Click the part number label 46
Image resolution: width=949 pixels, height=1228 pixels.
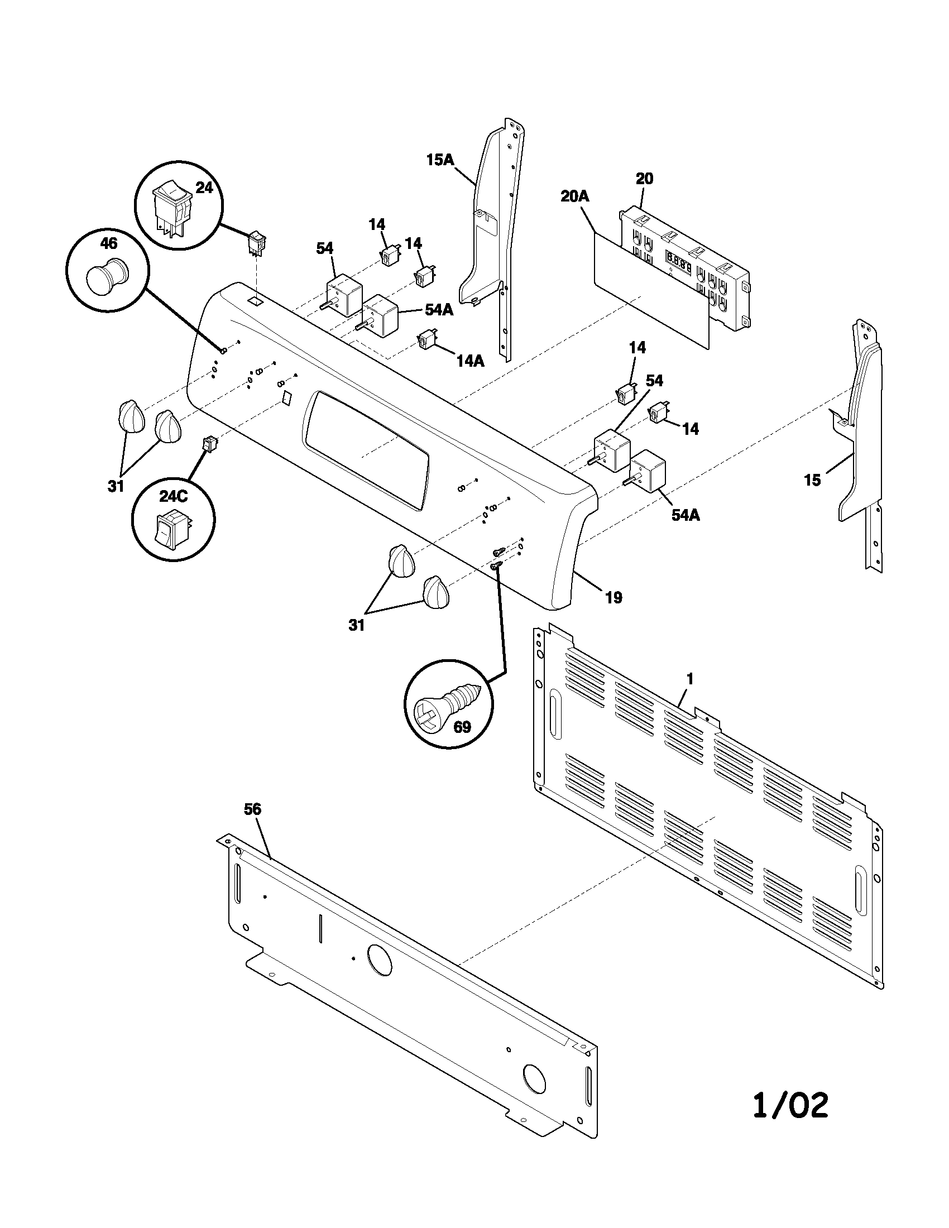[108, 243]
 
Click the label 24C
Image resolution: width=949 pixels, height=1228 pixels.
[172, 496]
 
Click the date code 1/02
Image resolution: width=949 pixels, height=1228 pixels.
[790, 1106]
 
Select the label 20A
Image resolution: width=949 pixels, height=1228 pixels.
[574, 196]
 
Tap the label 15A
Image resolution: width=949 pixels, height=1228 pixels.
[440, 160]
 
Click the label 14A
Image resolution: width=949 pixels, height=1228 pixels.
[469, 361]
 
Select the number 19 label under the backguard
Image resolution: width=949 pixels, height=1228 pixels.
[614, 598]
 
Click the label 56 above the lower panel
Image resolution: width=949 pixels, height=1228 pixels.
[252, 809]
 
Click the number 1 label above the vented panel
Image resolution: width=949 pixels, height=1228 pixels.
[690, 679]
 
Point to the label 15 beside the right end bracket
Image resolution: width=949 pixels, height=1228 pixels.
[812, 480]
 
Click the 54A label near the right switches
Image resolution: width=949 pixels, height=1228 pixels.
[686, 515]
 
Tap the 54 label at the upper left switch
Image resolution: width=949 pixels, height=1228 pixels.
[324, 248]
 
